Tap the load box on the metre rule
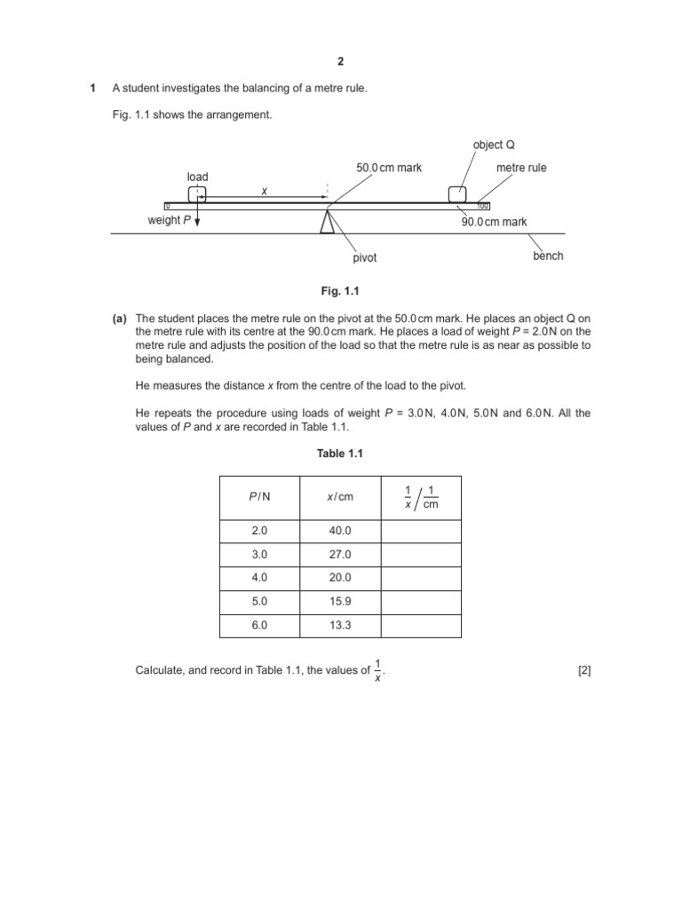click(197, 194)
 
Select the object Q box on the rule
click(457, 194)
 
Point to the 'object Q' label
click(495, 145)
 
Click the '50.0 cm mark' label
click(389, 167)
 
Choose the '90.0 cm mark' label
click(494, 222)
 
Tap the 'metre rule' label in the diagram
click(521, 167)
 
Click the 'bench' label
click(548, 256)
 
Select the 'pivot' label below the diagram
click(365, 257)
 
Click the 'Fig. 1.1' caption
click(340, 290)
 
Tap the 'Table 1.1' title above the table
click(340, 454)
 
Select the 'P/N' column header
click(259, 497)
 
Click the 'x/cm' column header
click(340, 497)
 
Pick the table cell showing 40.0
click(340, 531)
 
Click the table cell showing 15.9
click(340, 601)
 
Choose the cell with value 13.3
click(340, 625)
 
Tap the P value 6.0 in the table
click(259, 625)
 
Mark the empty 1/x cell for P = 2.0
click(421, 531)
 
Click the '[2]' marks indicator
click(583, 671)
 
